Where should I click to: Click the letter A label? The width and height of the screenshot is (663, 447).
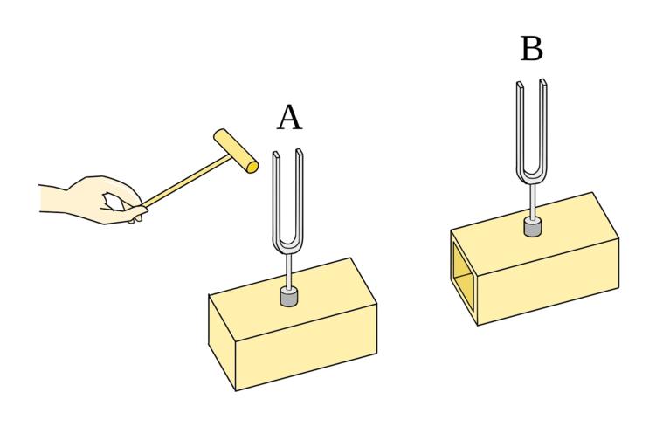289,118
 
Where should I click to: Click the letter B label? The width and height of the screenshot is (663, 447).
531,49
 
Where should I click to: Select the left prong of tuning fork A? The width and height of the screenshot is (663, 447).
277,192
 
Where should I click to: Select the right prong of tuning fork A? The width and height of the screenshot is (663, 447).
301,192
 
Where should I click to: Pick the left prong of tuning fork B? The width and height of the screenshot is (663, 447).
518,122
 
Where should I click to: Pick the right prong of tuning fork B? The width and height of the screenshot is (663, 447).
542,122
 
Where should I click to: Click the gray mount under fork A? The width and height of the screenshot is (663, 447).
289,297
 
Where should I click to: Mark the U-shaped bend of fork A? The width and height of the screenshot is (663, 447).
289,244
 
